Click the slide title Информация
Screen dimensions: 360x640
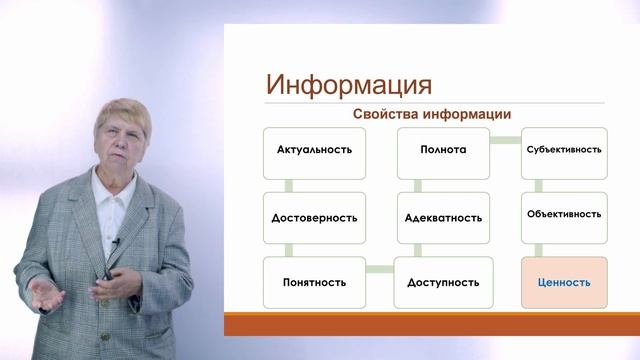point(349,82)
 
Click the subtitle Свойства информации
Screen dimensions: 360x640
point(432,115)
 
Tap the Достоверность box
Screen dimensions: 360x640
point(314,217)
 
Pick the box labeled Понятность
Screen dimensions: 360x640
point(314,282)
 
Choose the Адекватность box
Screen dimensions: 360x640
point(443,217)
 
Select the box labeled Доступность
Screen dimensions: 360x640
point(443,282)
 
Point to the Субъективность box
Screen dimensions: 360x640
point(563,150)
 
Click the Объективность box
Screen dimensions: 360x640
point(563,214)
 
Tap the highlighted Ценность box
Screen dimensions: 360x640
point(563,282)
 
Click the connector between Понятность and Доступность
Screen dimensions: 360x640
point(379,268)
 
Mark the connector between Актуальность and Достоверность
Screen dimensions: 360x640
point(287,184)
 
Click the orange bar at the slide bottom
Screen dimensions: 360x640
point(430,323)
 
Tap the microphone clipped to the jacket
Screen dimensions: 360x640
point(117,241)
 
